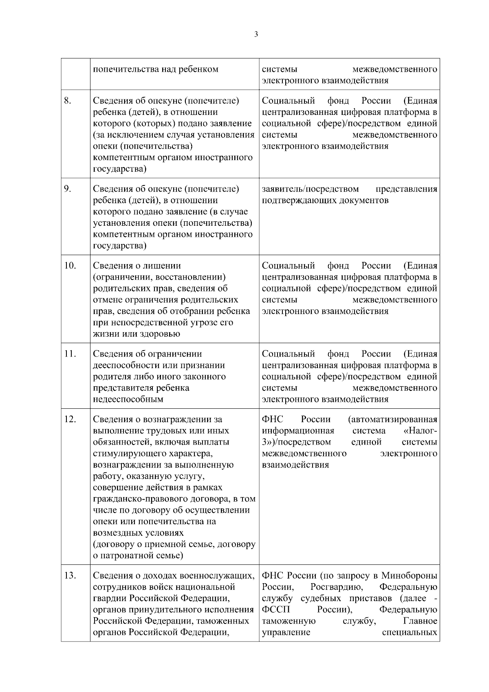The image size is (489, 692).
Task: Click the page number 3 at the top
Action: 256,35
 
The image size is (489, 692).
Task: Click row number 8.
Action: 68,100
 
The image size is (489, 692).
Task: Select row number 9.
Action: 68,189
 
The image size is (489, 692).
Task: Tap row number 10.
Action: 70,265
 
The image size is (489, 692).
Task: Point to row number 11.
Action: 70,354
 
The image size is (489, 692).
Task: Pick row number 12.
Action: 70,419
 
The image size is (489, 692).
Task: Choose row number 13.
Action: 70,575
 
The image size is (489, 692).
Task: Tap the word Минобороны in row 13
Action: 409,576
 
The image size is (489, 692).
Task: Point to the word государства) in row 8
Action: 120,169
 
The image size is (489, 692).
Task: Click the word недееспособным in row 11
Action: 128,399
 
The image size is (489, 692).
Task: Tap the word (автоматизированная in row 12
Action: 393,419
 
